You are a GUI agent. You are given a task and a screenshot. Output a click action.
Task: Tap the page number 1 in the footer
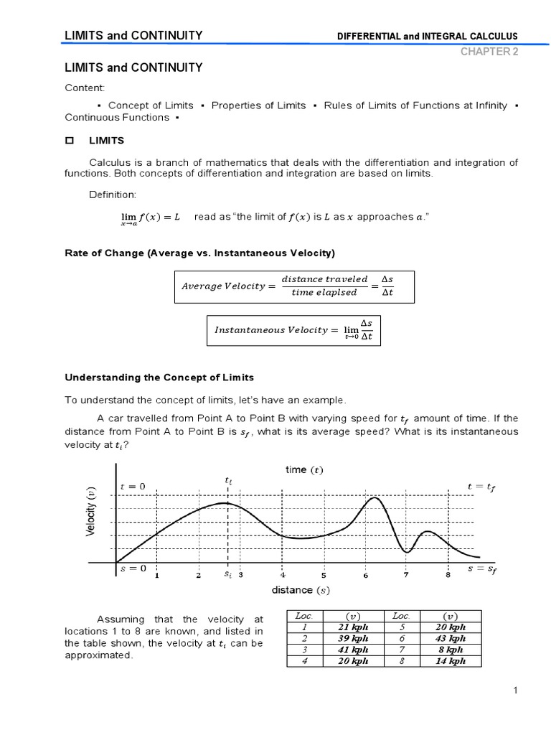tap(515, 690)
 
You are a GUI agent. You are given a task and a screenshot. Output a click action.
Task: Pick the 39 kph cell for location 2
tap(353, 638)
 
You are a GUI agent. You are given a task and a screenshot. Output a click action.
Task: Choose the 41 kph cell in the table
tap(353, 650)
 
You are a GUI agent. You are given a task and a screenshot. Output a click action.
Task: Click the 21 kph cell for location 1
tap(353, 627)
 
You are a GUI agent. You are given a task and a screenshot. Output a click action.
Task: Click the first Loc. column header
tap(305, 615)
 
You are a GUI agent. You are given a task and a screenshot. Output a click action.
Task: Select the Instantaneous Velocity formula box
tap(294, 329)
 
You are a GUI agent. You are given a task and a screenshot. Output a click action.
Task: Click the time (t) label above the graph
tap(303, 470)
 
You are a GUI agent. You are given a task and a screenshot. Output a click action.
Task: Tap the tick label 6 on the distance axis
tap(365, 575)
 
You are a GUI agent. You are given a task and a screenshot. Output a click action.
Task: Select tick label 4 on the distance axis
tap(283, 575)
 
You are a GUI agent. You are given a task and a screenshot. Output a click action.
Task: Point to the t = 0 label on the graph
tap(133, 486)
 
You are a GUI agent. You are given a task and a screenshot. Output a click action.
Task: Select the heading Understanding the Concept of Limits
tap(159, 377)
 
